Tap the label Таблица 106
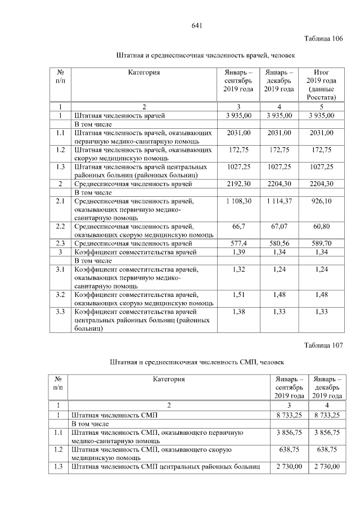tap(323, 39)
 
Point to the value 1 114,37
tap(279, 201)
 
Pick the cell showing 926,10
tap(321, 201)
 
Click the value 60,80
tap(321, 225)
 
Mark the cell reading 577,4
tap(238, 243)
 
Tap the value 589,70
tap(321, 243)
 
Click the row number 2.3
tap(60, 243)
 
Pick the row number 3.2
tap(60, 294)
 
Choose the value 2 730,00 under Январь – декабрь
tap(328, 467)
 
